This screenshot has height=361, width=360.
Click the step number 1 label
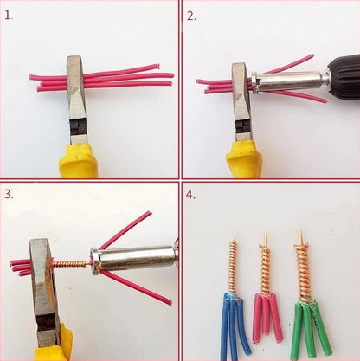(x=8, y=15)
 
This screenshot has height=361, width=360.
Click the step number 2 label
(x=191, y=15)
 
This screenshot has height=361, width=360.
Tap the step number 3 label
(x=9, y=194)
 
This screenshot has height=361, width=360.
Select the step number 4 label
(x=191, y=194)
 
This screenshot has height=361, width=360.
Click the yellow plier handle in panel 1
(x=78, y=161)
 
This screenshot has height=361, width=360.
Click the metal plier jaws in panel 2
(x=240, y=95)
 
